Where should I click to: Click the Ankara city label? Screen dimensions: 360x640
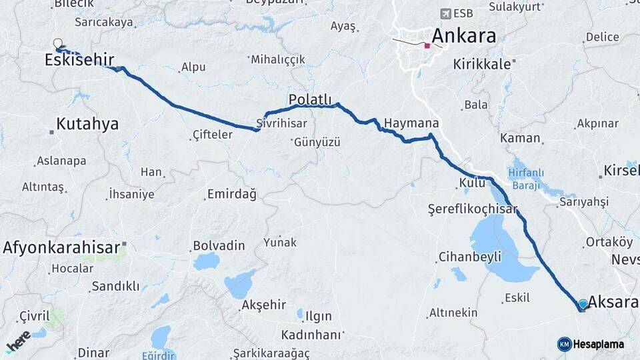pos(464,35)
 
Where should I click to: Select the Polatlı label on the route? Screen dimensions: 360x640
pos(310,100)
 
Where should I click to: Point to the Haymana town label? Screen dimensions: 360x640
pos(411,123)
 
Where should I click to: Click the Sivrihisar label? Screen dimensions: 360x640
pos(283,123)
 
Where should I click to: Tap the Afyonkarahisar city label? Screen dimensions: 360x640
pos(61,247)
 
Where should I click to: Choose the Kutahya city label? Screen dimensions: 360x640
pos(87,124)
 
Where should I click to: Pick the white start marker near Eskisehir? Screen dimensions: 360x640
pos(57,43)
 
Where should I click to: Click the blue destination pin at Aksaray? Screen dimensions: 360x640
pos(583,304)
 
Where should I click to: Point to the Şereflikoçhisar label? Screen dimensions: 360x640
pos(472,209)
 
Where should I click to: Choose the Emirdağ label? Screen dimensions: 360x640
pos(231,194)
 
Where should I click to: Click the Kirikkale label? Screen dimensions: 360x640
pos(481,65)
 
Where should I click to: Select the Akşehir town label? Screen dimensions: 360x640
pos(264,305)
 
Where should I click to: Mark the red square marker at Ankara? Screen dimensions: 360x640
pos(427,46)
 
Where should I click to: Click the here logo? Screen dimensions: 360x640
pos(18,341)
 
